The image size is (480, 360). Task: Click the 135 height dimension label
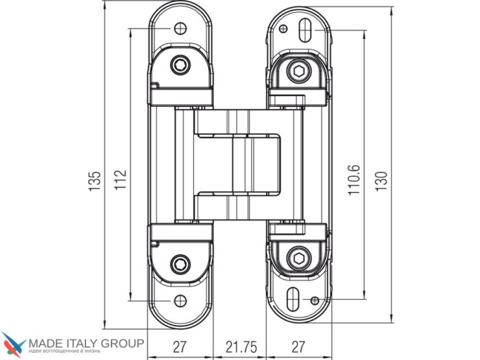coord(95,181)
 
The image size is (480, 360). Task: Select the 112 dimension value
coord(121,180)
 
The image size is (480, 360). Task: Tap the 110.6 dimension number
coord(354,180)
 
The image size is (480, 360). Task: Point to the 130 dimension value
coord(381,181)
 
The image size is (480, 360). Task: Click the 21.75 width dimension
coord(241,347)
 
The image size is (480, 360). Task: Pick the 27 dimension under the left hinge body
coord(180,347)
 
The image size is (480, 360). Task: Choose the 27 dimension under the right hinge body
coord(298,347)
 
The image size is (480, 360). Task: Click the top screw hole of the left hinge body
coord(180,29)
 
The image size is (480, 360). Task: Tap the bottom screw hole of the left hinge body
coord(180,301)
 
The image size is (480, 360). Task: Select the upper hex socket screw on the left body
coord(180,65)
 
